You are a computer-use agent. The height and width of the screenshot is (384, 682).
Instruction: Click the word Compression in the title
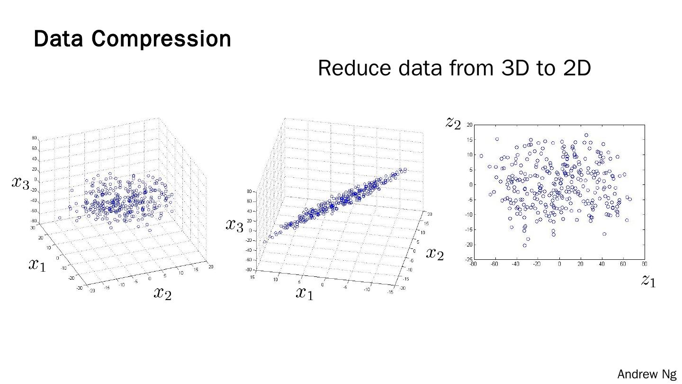161,39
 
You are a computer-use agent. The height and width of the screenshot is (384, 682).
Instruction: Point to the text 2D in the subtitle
577,68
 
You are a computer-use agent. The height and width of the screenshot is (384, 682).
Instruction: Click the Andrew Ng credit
647,374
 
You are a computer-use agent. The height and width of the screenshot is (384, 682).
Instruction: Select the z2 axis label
453,123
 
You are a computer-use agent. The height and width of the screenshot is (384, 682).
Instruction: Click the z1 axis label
648,281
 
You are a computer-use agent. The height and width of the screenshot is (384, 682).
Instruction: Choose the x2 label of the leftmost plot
162,293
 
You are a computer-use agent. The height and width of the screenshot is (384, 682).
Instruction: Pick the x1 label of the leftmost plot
37,264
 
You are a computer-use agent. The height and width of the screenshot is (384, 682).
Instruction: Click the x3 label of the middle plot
234,225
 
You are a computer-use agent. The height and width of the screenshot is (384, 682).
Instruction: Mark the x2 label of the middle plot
434,254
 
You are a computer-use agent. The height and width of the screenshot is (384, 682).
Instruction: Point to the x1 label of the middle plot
305,293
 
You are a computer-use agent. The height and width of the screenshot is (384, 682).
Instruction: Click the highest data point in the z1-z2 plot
586,135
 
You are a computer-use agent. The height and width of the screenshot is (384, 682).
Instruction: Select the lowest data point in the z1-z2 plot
525,245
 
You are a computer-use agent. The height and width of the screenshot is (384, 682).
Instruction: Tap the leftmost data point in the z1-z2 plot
481,156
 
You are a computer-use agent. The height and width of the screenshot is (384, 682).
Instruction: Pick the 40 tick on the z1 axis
601,264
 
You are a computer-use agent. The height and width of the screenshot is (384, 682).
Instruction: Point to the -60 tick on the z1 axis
494,264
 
